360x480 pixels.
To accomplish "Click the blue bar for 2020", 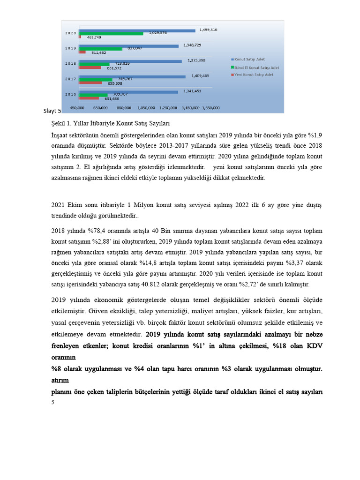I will [x=137, y=30].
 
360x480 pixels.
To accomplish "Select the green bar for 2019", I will [x=100, y=49].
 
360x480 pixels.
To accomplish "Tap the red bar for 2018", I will [x=90, y=67].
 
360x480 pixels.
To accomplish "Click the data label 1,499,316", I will [x=208, y=30].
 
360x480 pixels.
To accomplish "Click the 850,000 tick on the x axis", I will [x=123, y=108].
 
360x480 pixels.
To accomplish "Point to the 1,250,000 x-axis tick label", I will [x=169, y=108].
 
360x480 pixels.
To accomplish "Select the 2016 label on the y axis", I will [x=70, y=94].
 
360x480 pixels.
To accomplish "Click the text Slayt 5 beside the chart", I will [x=52, y=111].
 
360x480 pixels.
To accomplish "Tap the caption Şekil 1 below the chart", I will [x=60, y=124].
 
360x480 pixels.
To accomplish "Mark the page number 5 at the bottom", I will [x=53, y=402].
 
